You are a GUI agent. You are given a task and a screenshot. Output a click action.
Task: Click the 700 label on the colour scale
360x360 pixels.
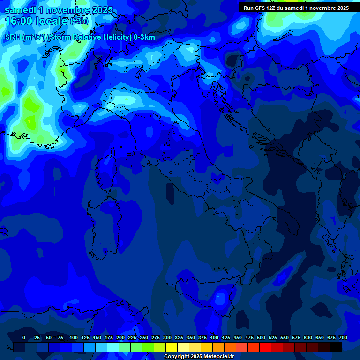(343, 337)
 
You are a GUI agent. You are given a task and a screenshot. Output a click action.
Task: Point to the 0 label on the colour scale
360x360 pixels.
(24, 337)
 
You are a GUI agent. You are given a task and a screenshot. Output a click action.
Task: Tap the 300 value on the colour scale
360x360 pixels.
(167, 337)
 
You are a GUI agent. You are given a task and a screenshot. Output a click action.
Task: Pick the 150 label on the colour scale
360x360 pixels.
(97, 337)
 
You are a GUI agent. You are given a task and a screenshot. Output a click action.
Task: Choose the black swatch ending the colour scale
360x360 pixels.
(336, 347)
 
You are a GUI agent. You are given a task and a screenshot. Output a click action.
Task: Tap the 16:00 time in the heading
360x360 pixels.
(18, 21)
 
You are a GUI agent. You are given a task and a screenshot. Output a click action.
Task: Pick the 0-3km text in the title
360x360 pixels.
(144, 37)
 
